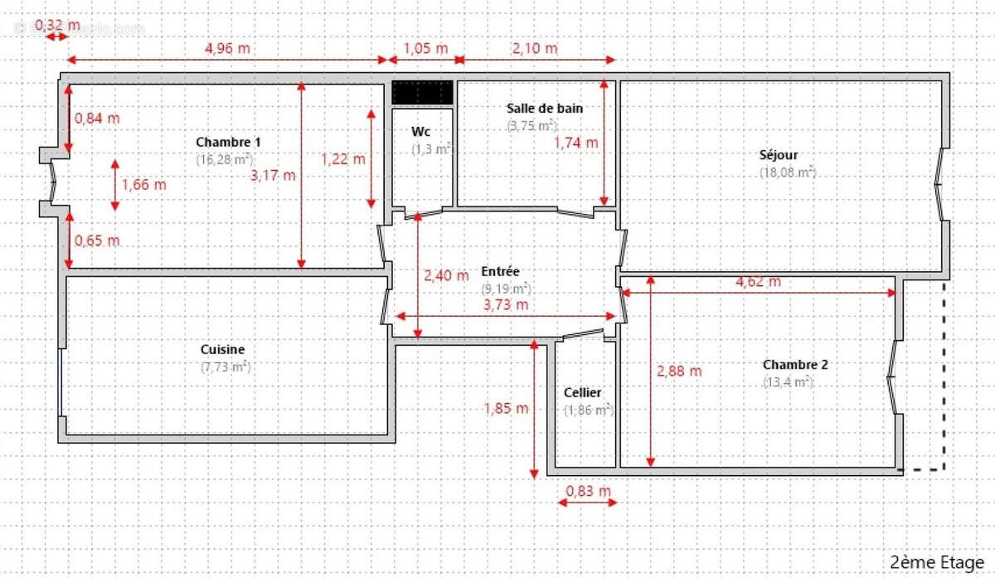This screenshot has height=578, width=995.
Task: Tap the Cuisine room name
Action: tap(222, 350)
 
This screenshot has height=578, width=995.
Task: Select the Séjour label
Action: tap(779, 155)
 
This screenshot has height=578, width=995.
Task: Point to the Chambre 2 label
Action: tap(795, 365)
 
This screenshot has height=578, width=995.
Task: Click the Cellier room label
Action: tap(583, 392)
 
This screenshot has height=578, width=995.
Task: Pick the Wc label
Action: tap(420, 132)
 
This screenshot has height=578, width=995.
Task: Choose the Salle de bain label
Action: tap(545, 108)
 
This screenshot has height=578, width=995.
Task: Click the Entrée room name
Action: tap(500, 271)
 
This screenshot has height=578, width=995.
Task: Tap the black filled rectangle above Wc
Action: tap(422, 92)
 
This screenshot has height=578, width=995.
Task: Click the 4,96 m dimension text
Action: tap(227, 48)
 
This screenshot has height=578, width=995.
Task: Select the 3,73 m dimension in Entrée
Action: tap(505, 304)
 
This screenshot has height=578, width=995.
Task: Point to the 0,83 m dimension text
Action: tap(588, 491)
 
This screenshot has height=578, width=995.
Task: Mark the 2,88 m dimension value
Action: tap(679, 372)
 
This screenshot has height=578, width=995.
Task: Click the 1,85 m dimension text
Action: tap(506, 408)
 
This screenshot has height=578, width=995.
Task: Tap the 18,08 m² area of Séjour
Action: tap(788, 172)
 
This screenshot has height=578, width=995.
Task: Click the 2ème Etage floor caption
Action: tap(936, 562)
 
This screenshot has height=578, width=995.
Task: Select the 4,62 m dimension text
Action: tap(758, 281)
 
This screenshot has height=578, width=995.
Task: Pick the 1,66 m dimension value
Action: tap(143, 185)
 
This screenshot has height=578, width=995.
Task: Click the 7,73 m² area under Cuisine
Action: tap(225, 367)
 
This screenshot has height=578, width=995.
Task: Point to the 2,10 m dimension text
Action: tap(535, 48)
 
